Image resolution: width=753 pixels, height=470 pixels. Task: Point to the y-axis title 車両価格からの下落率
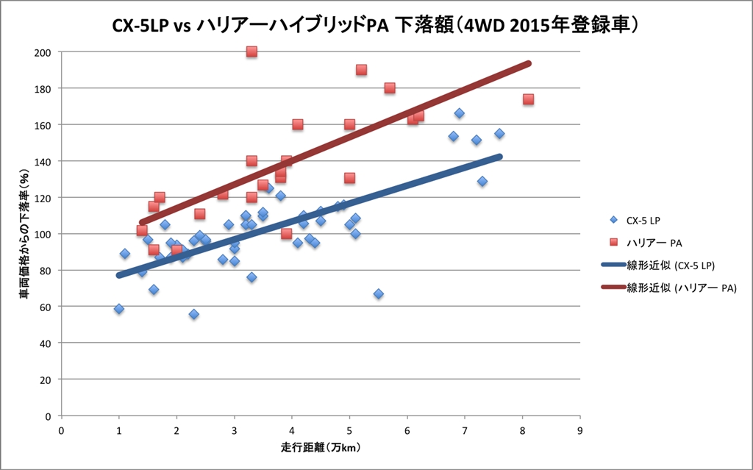click(24, 234)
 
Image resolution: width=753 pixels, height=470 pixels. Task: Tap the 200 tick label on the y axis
click(42, 52)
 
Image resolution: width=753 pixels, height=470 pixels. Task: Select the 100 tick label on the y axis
click(42, 234)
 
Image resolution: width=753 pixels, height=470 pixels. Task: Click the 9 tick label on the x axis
click(580, 430)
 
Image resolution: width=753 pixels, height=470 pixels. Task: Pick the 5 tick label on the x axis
click(349, 430)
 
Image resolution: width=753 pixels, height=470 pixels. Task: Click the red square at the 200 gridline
click(251, 51)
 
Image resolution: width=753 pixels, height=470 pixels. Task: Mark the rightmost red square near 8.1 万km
click(528, 99)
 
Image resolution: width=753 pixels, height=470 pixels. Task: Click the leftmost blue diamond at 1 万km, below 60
click(118, 309)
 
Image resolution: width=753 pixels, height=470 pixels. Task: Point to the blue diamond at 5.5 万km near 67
click(379, 293)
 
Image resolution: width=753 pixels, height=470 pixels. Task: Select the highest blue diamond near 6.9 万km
click(459, 113)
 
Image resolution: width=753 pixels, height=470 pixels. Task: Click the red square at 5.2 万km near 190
click(361, 70)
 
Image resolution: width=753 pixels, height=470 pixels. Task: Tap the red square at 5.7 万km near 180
click(390, 88)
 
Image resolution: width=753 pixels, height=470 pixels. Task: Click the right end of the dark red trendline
click(528, 63)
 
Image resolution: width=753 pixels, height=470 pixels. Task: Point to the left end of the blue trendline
click(118, 275)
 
